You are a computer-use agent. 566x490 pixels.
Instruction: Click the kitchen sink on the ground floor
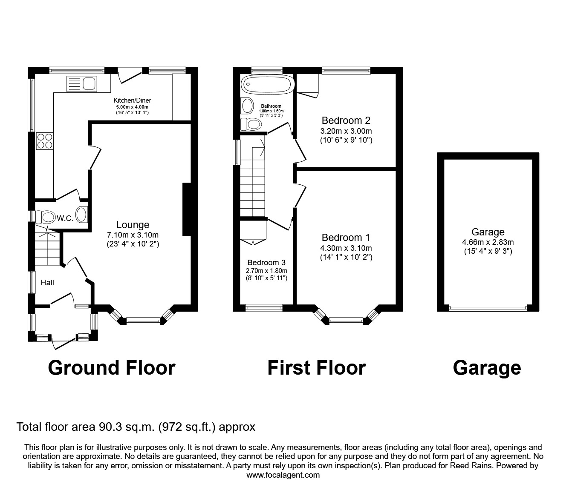82,83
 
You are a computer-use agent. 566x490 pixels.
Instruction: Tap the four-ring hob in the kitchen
44,140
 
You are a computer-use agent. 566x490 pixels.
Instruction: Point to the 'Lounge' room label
133,225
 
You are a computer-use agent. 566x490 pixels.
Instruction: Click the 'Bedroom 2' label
346,120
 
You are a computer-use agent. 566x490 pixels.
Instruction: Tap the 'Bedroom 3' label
266,263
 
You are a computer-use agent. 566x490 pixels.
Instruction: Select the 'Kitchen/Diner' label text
132,100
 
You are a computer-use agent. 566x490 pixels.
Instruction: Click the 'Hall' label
47,282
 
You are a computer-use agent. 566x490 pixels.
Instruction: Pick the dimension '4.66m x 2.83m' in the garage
488,242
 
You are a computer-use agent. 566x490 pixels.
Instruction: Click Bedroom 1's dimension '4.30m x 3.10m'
346,248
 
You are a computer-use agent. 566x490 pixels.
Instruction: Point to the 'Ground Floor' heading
112,368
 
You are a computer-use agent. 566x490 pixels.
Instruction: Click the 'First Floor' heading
316,368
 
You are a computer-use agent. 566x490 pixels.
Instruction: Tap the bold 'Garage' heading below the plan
487,368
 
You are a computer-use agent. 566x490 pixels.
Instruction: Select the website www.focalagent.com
283,475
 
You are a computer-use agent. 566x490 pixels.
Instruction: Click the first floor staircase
253,183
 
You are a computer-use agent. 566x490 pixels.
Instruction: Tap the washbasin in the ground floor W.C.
81,215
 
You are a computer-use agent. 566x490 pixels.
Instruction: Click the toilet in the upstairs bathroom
251,124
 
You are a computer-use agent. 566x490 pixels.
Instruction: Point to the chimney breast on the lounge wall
187,209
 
